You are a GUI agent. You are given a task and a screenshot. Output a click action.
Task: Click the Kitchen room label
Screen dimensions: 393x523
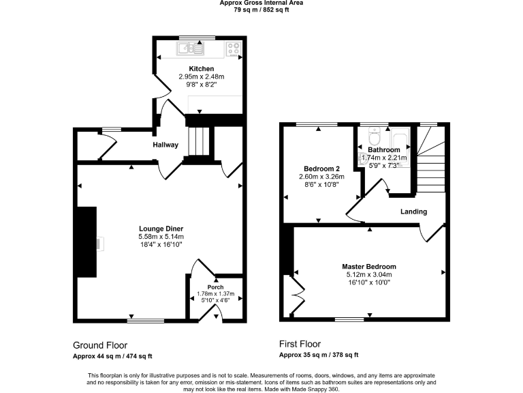(202, 69)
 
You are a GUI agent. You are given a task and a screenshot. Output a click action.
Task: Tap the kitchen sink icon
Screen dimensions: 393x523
(191, 48)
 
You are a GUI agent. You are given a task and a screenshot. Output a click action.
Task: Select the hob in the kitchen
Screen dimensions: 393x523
(233, 48)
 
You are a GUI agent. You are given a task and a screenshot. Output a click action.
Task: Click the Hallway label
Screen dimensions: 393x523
(165, 145)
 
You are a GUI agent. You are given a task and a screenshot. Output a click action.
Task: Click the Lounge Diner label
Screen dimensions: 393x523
(161, 229)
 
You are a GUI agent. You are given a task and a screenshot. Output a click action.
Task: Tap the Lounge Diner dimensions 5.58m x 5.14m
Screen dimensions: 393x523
(161, 236)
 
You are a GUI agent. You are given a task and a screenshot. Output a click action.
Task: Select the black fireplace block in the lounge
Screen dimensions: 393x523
(86, 242)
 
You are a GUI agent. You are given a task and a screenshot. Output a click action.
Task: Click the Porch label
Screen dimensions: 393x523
(215, 287)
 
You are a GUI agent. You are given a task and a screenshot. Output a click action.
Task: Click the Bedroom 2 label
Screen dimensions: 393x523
(321, 169)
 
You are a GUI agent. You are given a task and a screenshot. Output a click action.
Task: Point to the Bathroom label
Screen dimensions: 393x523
(384, 149)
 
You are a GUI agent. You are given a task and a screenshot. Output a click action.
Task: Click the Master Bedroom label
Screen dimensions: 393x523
(369, 267)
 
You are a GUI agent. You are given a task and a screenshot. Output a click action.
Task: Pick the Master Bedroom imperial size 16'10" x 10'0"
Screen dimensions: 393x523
(369, 282)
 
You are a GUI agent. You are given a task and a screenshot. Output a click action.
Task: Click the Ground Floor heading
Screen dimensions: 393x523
(100, 345)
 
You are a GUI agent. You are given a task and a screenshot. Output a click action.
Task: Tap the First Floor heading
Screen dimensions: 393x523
(300, 345)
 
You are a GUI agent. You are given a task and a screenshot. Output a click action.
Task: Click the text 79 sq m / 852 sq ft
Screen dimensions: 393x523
(261, 10)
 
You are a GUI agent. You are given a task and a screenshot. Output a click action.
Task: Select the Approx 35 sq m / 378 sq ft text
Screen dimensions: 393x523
(319, 355)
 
